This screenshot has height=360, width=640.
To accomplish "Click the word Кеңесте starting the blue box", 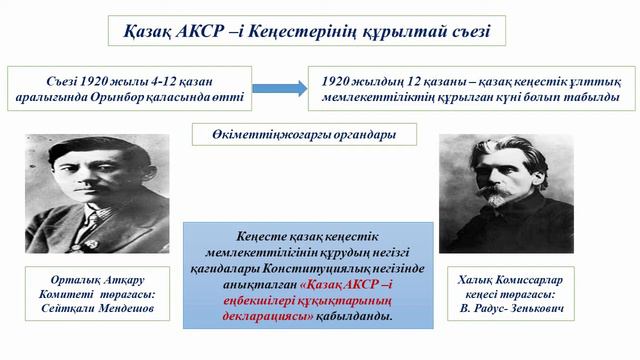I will click(x=264, y=236).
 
